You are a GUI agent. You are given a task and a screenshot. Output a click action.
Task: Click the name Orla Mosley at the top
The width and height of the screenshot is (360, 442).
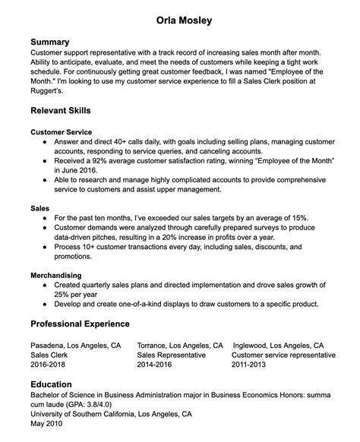pos(180,18)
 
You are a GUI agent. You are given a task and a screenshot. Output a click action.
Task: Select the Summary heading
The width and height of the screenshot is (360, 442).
pos(50,41)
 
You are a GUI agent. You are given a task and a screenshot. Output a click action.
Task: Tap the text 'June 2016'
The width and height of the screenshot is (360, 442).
pos(77,172)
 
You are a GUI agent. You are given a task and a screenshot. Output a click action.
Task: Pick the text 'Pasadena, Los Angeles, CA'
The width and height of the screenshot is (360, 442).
pos(75,344)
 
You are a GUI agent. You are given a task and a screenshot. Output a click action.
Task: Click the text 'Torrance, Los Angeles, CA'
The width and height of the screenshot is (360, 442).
pos(180,344)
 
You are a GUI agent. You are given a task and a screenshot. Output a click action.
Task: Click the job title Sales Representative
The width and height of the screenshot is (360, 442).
pos(171,355)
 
